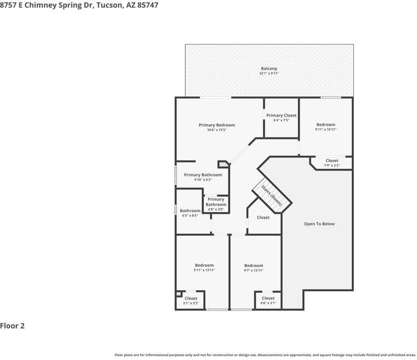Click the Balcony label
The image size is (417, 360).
pyautogui.click(x=269, y=68)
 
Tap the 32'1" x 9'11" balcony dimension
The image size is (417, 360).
pyautogui.click(x=269, y=73)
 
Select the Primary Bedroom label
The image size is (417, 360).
pyautogui.click(x=217, y=125)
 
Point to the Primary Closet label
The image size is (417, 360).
pyautogui.click(x=281, y=115)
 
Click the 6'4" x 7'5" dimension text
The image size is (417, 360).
pyautogui.click(x=281, y=120)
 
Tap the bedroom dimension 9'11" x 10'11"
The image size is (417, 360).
pyautogui.click(x=326, y=129)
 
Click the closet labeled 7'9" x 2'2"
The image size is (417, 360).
pyautogui.click(x=332, y=163)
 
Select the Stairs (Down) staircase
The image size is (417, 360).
pyautogui.click(x=272, y=195)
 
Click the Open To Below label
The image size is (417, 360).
pyautogui.click(x=319, y=224)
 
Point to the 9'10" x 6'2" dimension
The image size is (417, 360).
pyautogui.click(x=203, y=180)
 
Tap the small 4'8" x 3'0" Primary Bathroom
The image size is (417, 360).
pyautogui.click(x=216, y=204)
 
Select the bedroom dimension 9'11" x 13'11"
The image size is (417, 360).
pyautogui.click(x=204, y=270)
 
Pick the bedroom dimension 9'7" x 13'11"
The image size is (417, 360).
pyautogui.click(x=253, y=270)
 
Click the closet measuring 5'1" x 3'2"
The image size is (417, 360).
pyautogui.click(x=191, y=301)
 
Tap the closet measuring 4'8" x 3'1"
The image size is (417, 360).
pyautogui.click(x=268, y=301)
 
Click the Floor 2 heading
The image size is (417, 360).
pyautogui.click(x=12, y=326)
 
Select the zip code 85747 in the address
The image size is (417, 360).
pyautogui.click(x=148, y=5)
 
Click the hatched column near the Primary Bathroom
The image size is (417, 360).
pyautogui.click(x=224, y=164)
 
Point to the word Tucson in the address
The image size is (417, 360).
pyautogui.click(x=110, y=5)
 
